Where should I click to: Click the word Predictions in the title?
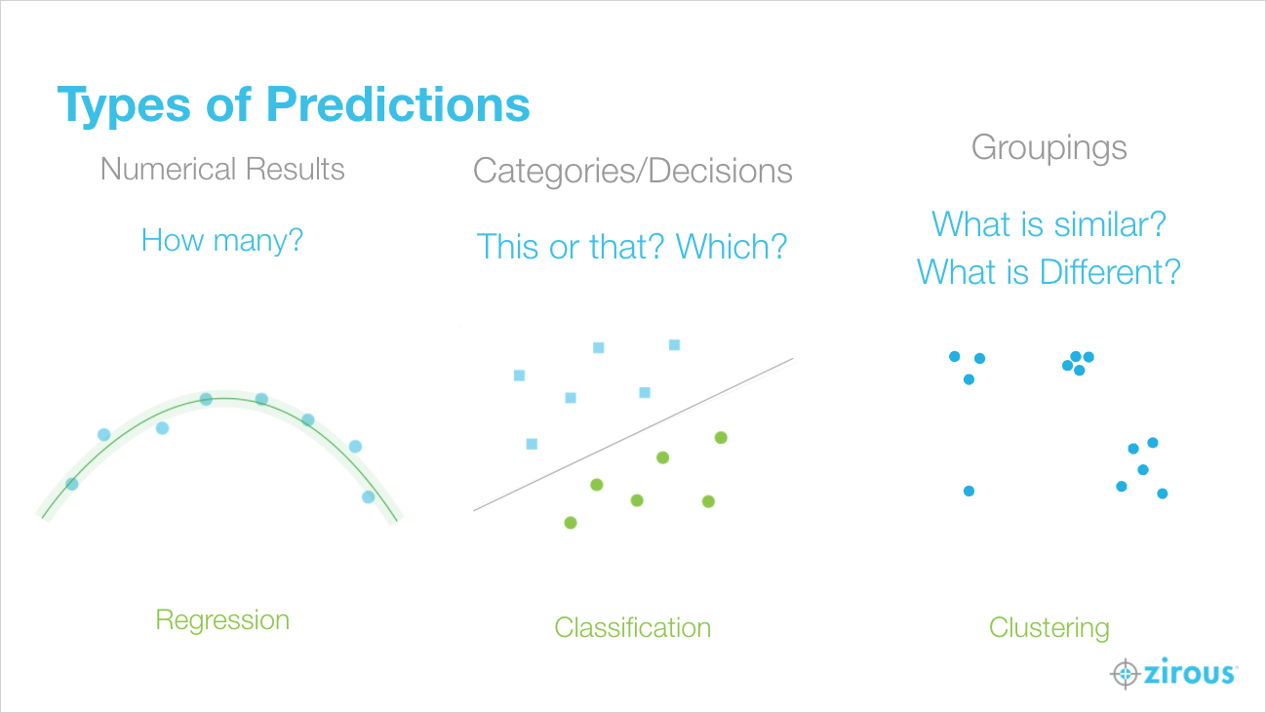(398, 104)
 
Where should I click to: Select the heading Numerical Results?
(222, 169)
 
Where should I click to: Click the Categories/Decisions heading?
(632, 172)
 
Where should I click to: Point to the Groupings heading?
(1048, 148)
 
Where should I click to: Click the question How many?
(222, 241)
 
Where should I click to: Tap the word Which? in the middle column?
(732, 247)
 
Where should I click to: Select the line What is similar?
(1048, 224)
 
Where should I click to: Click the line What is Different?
(1048, 272)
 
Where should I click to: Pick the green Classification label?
(632, 628)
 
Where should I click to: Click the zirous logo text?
(1190, 672)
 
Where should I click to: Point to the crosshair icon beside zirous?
(1126, 673)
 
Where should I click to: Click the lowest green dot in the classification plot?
(571, 523)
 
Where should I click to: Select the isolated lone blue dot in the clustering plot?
(969, 491)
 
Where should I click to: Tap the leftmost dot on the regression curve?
(72, 484)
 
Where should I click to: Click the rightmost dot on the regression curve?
(369, 497)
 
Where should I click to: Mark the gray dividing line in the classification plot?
(633, 434)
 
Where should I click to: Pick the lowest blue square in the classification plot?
(532, 444)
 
